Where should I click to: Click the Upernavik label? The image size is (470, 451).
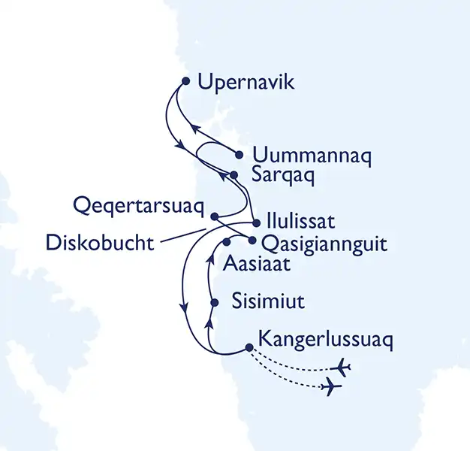click(x=246, y=81)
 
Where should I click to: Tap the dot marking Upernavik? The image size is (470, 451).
click(x=185, y=81)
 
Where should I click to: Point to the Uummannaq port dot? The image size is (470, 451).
click(x=239, y=156)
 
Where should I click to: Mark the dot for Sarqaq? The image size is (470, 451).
click(x=233, y=175)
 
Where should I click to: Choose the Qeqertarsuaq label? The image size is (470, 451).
click(x=140, y=204)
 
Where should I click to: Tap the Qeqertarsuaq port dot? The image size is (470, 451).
click(x=215, y=216)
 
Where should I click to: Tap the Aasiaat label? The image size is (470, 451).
click(x=255, y=265)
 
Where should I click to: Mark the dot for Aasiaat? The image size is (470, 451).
click(x=225, y=243)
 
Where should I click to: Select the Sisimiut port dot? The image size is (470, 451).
click(x=215, y=303)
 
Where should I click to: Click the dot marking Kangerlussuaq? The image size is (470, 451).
click(x=249, y=347)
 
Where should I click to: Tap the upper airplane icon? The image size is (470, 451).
click(x=342, y=368)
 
